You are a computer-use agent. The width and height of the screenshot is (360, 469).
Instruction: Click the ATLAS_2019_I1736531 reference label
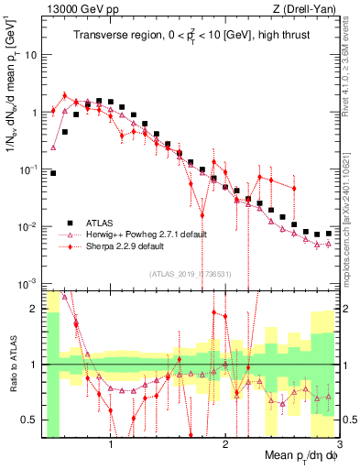pyautogui.click(x=190, y=274)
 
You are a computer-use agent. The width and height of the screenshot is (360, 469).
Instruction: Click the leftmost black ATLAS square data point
pyautogui.click(x=53, y=172)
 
